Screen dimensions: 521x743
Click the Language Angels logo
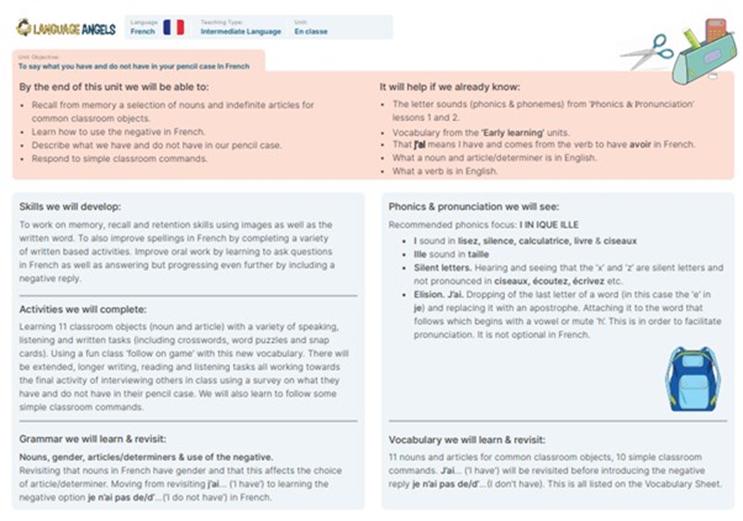(66, 28)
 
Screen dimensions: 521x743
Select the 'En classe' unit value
(311, 31)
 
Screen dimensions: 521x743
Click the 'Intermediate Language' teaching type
(241, 31)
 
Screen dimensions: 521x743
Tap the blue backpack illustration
(692, 379)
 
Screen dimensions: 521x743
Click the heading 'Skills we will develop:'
(70, 207)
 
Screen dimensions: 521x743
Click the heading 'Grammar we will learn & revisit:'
(92, 439)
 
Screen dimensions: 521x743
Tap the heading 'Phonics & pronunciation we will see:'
(474, 207)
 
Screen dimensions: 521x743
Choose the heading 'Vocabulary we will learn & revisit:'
(467, 440)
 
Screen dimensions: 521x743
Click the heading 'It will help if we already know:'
(450, 87)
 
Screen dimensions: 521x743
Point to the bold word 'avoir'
(640, 144)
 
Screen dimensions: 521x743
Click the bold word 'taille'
(478, 254)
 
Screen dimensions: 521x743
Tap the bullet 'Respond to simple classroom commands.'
(120, 159)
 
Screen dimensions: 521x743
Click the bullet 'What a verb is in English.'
(445, 171)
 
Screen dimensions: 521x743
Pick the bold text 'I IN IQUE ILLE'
(549, 225)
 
